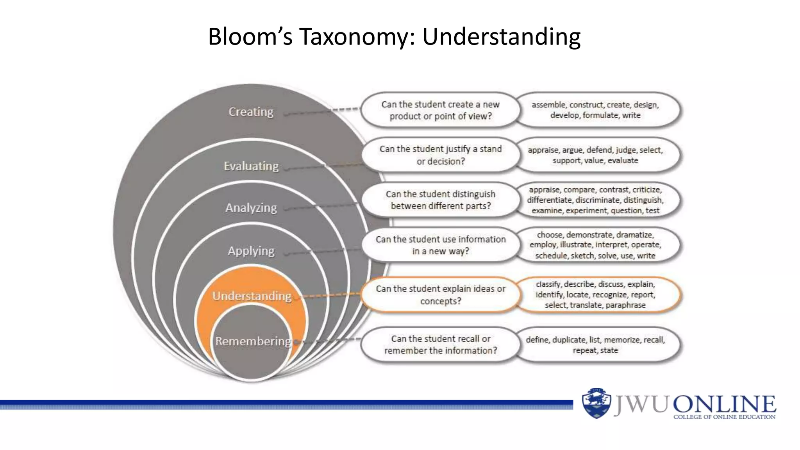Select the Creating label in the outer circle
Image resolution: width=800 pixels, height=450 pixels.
pos(251,112)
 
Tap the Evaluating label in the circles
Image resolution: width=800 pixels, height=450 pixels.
pos(251,166)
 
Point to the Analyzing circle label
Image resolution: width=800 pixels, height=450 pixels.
pos(251,208)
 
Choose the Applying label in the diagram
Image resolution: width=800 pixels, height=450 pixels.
pos(251,251)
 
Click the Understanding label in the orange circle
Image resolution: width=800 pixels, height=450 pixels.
pos(252,296)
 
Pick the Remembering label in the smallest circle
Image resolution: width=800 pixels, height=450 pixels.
pos(253,341)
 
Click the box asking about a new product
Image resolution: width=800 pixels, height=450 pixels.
pos(440,110)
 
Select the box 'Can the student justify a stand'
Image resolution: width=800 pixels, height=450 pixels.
pos(440,155)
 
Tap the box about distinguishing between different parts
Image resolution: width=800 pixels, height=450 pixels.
pos(440,200)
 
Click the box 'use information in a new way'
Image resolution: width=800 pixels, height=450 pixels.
pos(440,245)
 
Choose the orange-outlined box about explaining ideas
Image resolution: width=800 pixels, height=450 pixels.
pos(440,295)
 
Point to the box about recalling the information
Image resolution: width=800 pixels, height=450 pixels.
pos(440,345)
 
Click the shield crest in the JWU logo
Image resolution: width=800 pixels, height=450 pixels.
pos(596,403)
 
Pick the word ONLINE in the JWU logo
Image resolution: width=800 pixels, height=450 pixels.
pos(724,404)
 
